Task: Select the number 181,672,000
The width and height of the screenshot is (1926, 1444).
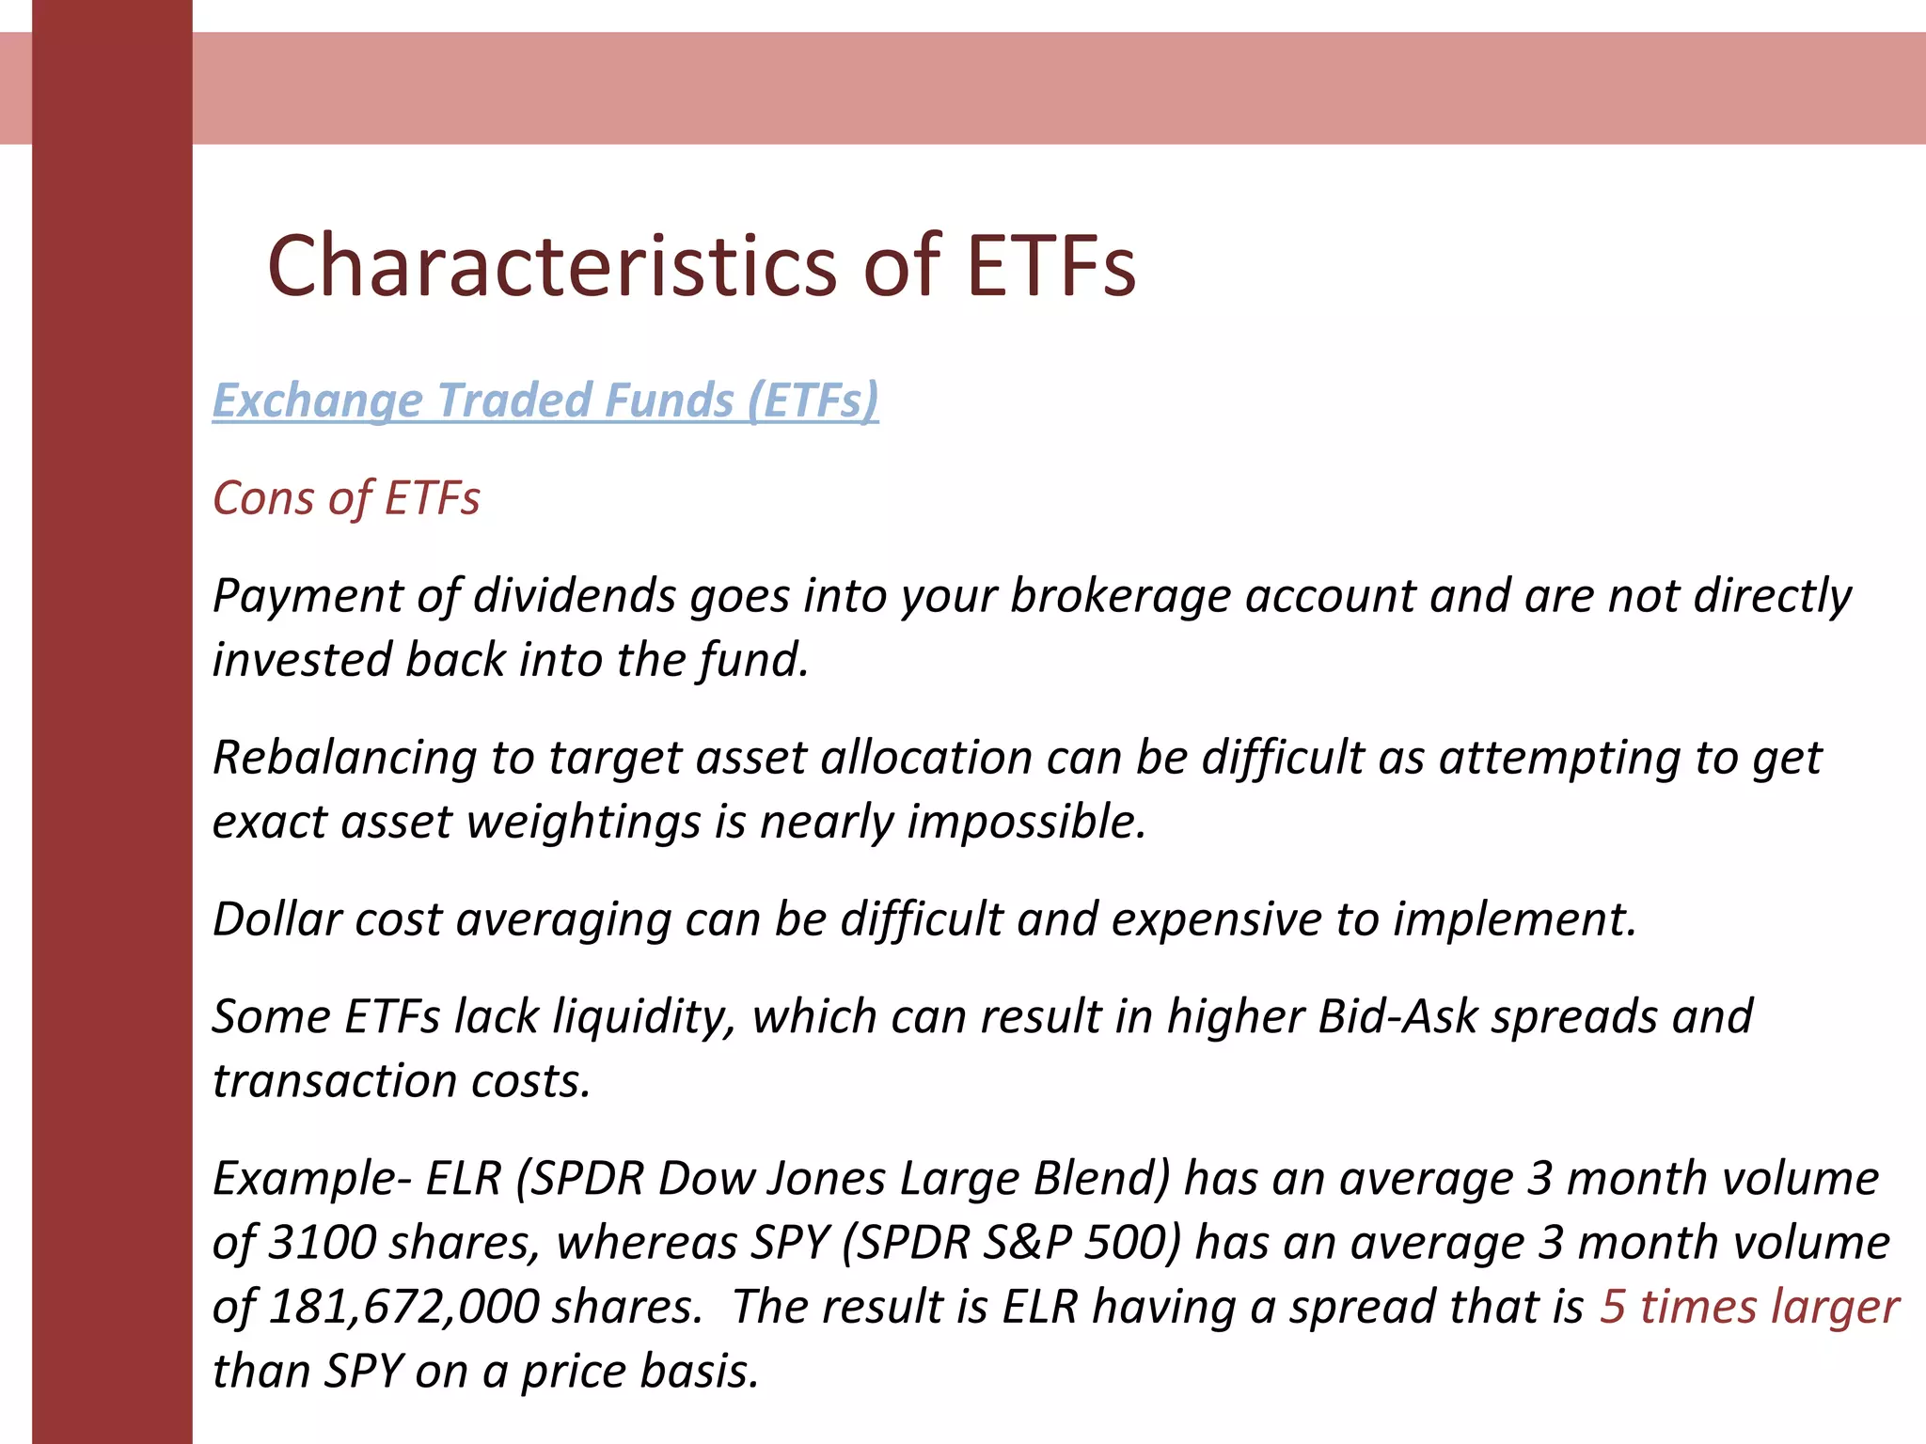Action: (x=403, y=1307)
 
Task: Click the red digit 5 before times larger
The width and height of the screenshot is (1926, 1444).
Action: (x=1613, y=1307)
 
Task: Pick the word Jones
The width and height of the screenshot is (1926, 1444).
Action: (x=826, y=1179)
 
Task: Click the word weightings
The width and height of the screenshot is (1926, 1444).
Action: (x=584, y=823)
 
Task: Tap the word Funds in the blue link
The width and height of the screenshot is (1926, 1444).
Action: (x=677, y=400)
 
